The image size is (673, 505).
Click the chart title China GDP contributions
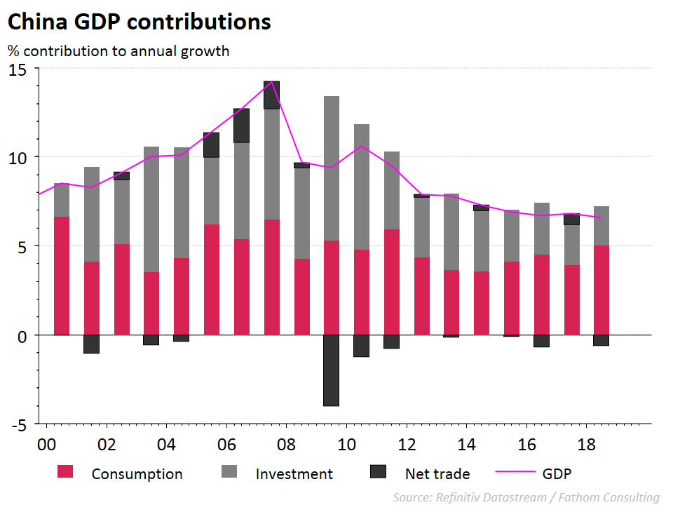[x=139, y=22]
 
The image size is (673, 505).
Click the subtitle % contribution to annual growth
[x=118, y=51]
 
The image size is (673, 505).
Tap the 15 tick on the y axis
[x=18, y=69]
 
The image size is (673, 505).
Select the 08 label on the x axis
[x=285, y=444]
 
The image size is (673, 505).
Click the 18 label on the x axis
[x=587, y=444]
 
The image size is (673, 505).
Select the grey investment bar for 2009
[x=332, y=168]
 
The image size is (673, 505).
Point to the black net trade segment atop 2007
[x=271, y=95]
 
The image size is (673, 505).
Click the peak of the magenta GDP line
[x=271, y=82]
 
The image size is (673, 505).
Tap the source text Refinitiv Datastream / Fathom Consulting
[x=526, y=497]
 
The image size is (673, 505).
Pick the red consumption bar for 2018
[x=601, y=290]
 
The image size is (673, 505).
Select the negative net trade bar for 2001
[x=92, y=344]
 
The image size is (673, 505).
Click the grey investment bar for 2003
[x=151, y=209]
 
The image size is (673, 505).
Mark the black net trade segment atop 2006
[x=241, y=126]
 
